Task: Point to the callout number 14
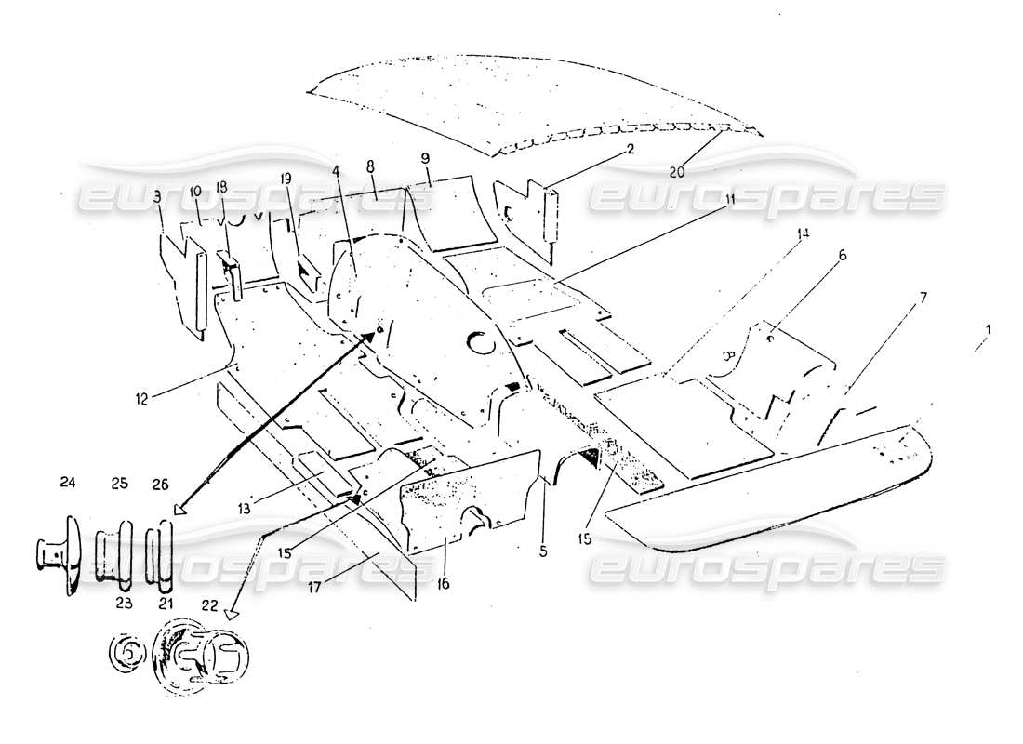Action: tap(803, 233)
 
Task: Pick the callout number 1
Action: tap(989, 329)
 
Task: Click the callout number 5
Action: tap(542, 551)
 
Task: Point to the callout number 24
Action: tap(68, 482)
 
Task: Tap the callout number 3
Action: tap(157, 197)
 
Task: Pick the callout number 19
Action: tap(286, 177)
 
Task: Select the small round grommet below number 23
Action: tap(125, 654)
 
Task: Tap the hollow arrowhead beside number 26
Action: tap(179, 508)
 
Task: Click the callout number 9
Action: tap(427, 158)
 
